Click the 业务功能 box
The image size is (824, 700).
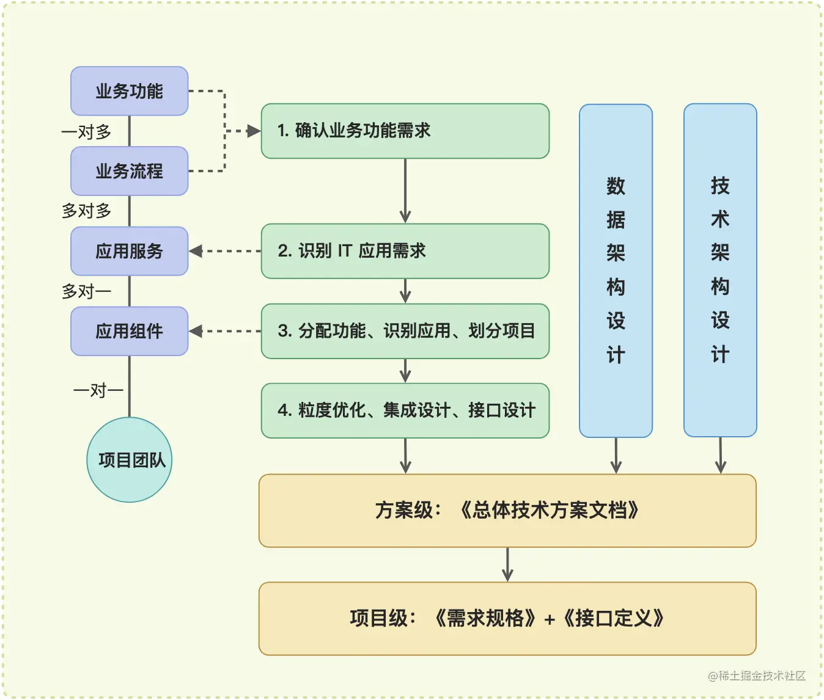[129, 91]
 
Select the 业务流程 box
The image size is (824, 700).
[129, 171]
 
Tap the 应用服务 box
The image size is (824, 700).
[129, 251]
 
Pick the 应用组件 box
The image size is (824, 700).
[129, 331]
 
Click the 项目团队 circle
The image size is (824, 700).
[130, 460]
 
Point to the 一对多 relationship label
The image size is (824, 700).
[86, 131]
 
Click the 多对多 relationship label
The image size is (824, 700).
[86, 211]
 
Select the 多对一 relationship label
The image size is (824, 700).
[86, 291]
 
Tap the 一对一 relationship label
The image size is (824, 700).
[98, 390]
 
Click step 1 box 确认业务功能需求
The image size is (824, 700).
[405, 131]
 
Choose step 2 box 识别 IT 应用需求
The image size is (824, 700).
[405, 251]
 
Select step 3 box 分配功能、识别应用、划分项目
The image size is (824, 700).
[405, 331]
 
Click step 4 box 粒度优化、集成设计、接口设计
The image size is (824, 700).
[405, 410]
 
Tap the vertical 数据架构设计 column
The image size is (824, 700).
[616, 271]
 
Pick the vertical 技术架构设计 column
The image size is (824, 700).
[720, 270]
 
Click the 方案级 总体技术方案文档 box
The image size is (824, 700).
[507, 510]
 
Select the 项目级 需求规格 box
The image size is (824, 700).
[507, 618]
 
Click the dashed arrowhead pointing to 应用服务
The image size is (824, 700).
[196, 251]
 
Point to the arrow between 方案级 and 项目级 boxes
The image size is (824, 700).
[507, 565]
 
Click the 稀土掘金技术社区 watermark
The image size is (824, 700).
[756, 676]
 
